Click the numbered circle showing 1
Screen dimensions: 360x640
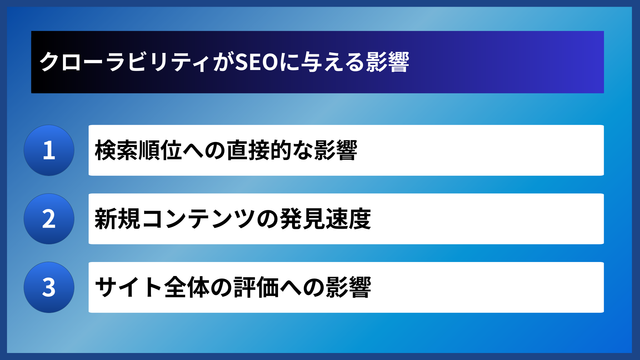click(x=49, y=150)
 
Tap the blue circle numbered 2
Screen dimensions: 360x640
click(x=49, y=219)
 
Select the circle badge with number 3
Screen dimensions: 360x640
click(x=49, y=287)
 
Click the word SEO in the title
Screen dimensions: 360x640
click(x=257, y=62)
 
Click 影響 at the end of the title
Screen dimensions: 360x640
click(x=388, y=62)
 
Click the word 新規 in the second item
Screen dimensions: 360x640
click(x=117, y=219)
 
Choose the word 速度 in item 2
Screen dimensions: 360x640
click(x=348, y=219)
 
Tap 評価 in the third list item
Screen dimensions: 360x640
click(x=256, y=287)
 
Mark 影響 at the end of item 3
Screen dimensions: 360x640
click(x=348, y=287)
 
